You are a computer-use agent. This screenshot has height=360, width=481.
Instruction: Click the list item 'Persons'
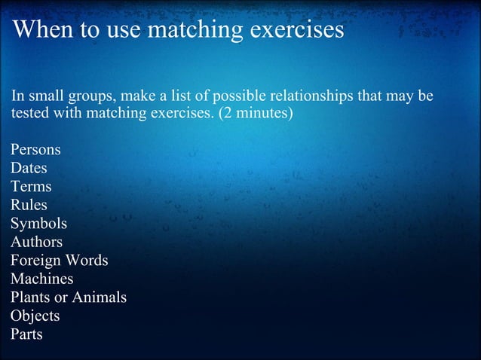pos(35,149)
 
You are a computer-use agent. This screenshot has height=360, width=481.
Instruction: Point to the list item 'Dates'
pos(29,168)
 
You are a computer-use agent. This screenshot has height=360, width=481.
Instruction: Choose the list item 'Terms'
pos(31,187)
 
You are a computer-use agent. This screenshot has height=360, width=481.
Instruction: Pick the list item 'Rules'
pos(29,205)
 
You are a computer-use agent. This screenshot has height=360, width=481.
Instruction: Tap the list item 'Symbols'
pos(38,224)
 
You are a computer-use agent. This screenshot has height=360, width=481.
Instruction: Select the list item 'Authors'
pos(36,242)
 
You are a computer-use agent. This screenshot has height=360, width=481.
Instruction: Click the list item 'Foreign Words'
pos(59,261)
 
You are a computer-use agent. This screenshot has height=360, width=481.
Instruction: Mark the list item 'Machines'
pos(41,279)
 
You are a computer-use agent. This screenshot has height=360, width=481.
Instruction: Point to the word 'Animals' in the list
pos(100,297)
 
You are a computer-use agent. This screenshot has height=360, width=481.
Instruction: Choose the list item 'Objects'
pos(35,316)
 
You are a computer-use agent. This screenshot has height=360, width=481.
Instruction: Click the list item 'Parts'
pos(26,334)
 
